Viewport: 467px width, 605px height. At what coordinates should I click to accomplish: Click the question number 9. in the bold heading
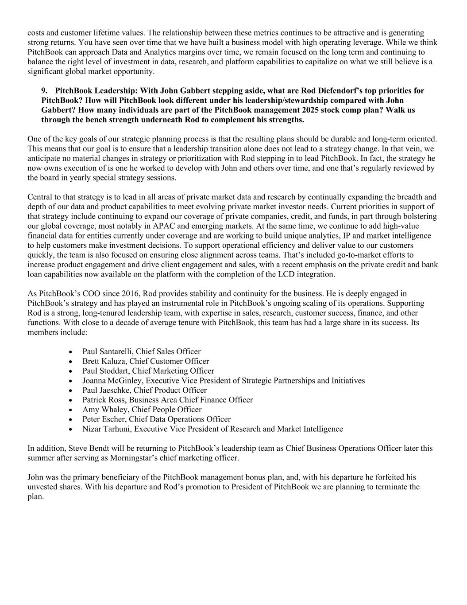tap(44, 91)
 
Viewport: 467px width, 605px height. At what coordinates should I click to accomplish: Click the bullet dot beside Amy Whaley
tap(71, 410)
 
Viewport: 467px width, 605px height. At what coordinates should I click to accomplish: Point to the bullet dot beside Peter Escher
tap(71, 420)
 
